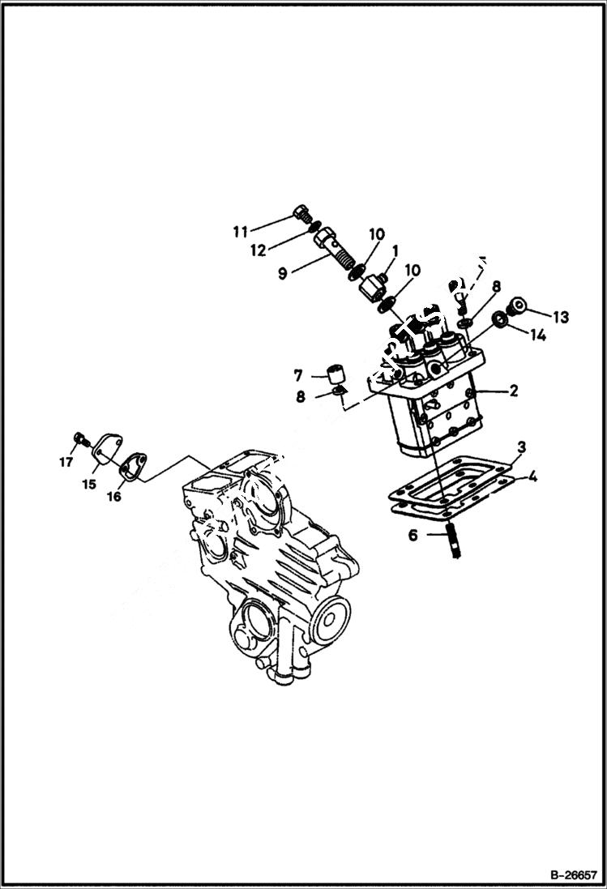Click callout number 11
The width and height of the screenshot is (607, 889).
[x=240, y=232]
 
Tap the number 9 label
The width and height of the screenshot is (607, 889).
[x=283, y=274]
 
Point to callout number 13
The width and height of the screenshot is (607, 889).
[x=561, y=316]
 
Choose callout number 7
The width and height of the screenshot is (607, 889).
[x=298, y=375]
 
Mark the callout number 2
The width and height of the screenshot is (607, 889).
[x=513, y=390]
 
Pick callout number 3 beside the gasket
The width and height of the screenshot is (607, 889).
[x=523, y=447]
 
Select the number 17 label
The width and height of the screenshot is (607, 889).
[x=66, y=462]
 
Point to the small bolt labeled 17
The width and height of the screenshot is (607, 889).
[x=79, y=439]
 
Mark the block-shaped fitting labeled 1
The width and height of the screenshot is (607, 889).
[x=373, y=286]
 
